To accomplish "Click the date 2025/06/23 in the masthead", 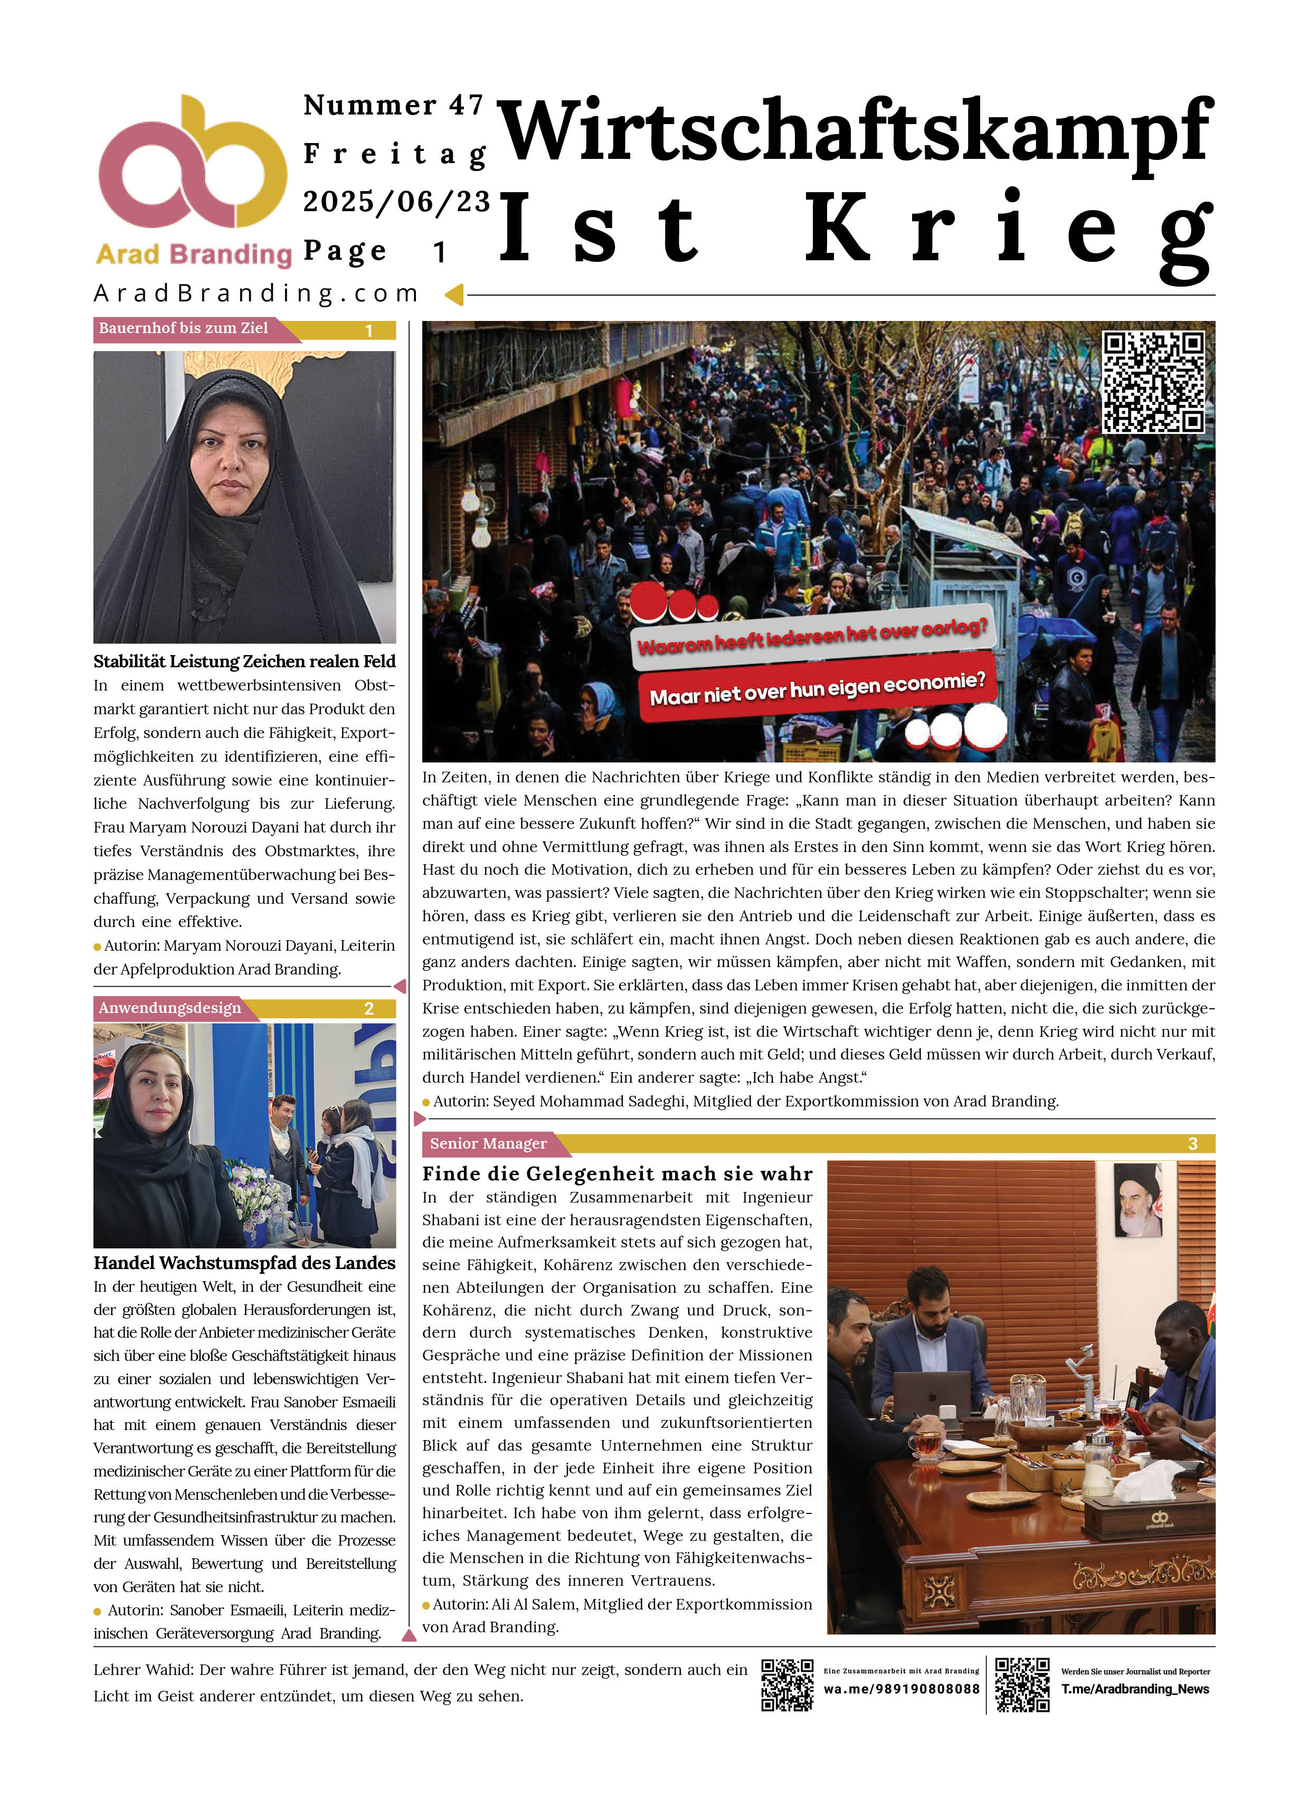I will click(396, 202).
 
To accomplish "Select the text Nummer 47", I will click(394, 105).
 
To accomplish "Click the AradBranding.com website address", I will click(257, 294).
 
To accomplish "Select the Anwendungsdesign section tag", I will click(170, 1008).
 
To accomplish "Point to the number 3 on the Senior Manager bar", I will click(1192, 1144).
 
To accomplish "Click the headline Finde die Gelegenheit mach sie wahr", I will click(617, 1173).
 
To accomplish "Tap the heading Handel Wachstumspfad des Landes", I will click(244, 1263).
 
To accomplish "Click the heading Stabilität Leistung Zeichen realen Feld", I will click(244, 661).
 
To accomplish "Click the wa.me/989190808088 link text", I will click(901, 1688).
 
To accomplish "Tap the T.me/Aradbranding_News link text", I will click(1134, 1688).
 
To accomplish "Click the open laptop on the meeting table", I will click(931, 1394).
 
